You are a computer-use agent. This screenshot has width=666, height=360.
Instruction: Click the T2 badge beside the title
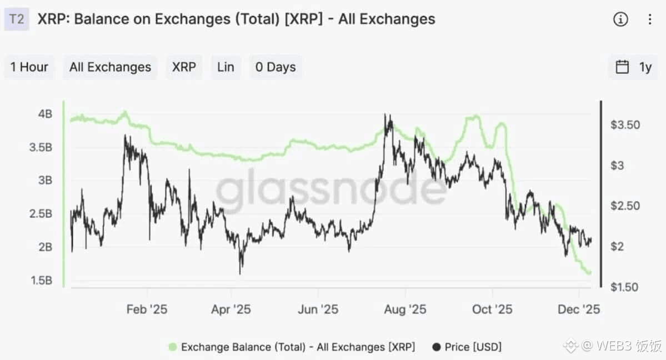coord(17,19)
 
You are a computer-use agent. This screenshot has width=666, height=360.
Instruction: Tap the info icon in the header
coord(620,19)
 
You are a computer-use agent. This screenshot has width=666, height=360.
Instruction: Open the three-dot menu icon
coord(650,19)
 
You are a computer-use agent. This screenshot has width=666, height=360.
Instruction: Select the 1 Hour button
coord(29,67)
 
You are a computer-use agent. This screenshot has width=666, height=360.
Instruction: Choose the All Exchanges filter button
coord(110,67)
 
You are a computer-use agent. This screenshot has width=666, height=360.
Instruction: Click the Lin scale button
coord(226,67)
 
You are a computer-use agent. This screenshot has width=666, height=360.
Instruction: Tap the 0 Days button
coord(276,67)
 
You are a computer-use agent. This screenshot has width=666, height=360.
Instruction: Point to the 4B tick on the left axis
coord(45,114)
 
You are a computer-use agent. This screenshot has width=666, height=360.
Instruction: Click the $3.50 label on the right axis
coord(625,125)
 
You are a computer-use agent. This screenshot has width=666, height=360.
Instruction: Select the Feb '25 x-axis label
coord(147,309)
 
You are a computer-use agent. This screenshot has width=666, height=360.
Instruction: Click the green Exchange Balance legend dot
coord(172,347)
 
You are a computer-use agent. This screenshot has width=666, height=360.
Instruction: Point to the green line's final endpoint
coord(589,273)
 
